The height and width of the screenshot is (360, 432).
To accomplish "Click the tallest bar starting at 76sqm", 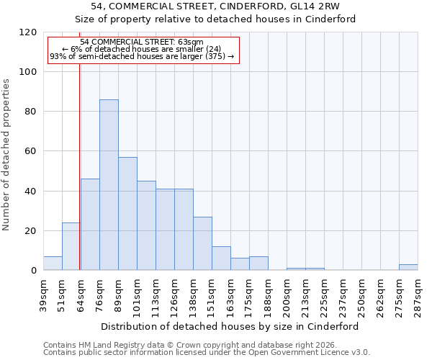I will click(109, 185).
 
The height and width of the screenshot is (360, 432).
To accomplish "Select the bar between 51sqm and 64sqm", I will click(71, 246).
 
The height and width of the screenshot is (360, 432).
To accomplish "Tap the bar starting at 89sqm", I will click(127, 214).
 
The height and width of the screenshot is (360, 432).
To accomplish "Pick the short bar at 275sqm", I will click(408, 267).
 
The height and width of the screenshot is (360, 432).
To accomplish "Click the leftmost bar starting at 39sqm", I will click(53, 264).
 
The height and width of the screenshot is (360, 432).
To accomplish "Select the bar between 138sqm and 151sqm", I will click(202, 243).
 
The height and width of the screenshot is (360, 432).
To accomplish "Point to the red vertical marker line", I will click(80, 166).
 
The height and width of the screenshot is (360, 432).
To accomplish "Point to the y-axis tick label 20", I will click(30, 231).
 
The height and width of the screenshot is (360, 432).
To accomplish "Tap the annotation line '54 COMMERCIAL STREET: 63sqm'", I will click(142, 42).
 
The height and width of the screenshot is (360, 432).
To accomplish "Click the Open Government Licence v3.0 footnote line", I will click(207, 352).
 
